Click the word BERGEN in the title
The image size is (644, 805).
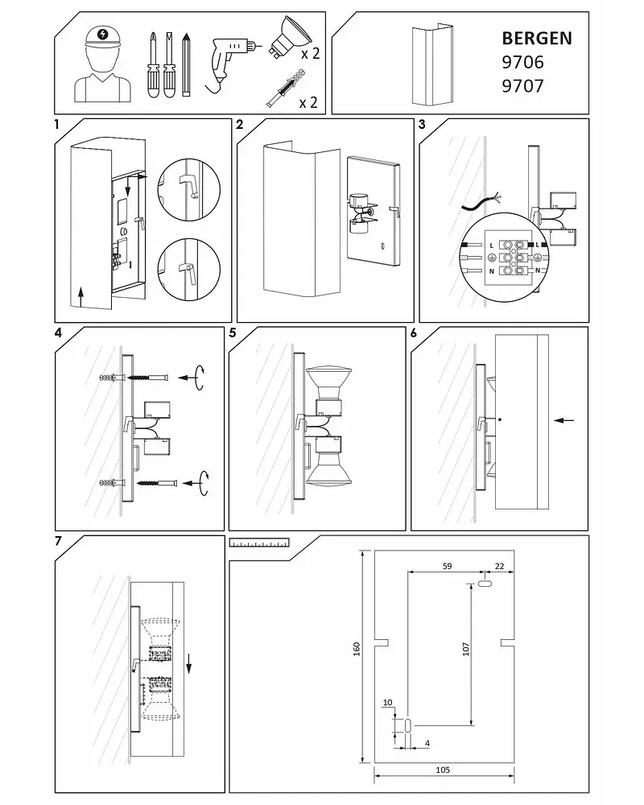click(x=537, y=39)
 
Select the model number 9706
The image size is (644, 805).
click(x=522, y=62)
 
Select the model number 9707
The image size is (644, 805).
click(x=522, y=86)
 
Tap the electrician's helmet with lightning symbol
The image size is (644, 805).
click(x=103, y=37)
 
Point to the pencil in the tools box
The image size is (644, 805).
click(x=187, y=64)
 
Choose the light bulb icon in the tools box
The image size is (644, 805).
click(x=290, y=37)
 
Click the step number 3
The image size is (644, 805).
click(x=422, y=124)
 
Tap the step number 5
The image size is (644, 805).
click(x=233, y=332)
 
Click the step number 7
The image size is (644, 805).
click(x=58, y=541)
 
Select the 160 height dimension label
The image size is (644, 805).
click(x=357, y=649)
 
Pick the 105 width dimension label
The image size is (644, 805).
click(x=443, y=770)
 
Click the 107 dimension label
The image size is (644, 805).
click(x=466, y=649)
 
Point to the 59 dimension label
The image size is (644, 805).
click(x=447, y=566)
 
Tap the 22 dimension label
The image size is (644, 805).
click(x=499, y=566)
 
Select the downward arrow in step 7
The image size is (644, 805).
click(x=188, y=663)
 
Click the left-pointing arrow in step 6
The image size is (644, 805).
click(x=563, y=420)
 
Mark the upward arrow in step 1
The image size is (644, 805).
click(x=80, y=297)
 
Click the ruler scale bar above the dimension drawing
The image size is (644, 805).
click(x=259, y=542)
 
